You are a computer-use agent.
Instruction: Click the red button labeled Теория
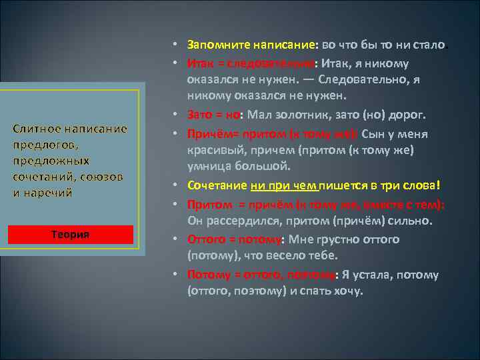(x=71, y=235)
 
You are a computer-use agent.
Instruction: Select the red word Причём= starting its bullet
(x=209, y=133)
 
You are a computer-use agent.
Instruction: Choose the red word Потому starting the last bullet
(x=207, y=274)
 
